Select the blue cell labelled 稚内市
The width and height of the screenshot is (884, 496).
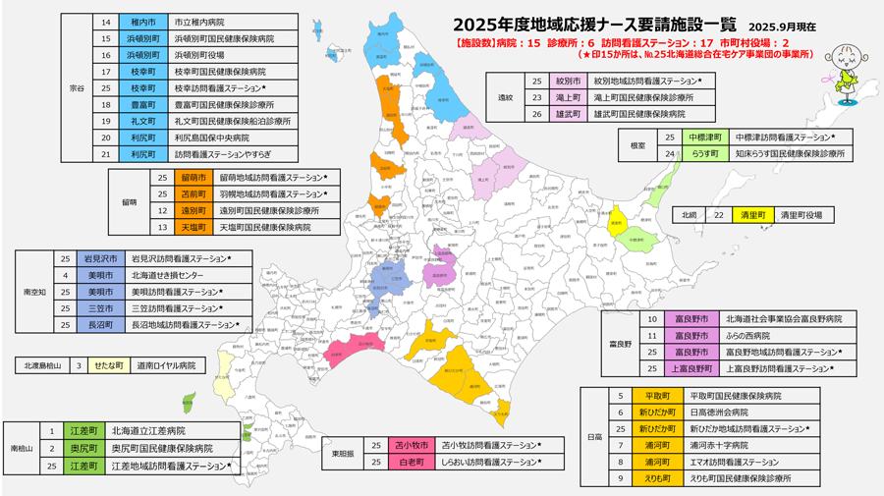tap(142, 22)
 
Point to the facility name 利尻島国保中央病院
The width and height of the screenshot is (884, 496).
tap(211, 138)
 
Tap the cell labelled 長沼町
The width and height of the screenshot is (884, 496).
tap(100, 325)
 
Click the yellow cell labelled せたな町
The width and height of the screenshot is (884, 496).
tap(108, 365)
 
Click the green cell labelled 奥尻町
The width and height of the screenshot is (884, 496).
tap(83, 448)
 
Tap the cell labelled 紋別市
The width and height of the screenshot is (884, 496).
tap(568, 82)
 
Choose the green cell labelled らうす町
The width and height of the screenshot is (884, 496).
tap(704, 154)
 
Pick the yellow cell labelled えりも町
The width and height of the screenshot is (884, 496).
tap(657, 478)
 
